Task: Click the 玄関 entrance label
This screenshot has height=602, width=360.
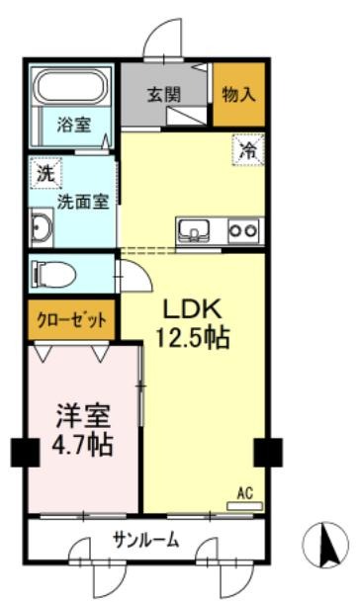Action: pos(164,96)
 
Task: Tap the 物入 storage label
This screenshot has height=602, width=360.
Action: pos(239,95)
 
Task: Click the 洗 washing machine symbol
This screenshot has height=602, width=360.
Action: pos(45,172)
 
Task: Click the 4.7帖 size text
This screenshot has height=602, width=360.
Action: pos(81,444)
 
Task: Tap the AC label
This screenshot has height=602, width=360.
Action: pos(247,491)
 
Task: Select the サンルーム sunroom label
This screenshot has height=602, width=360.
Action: pos(144,539)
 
